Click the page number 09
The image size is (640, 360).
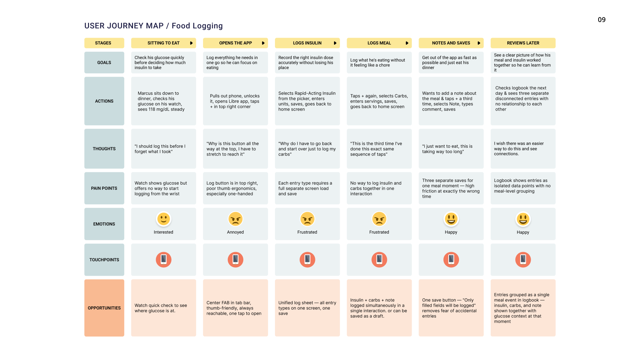[x=602, y=20]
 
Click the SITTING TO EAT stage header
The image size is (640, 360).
[x=163, y=43]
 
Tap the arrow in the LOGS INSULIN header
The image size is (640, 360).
[x=335, y=43]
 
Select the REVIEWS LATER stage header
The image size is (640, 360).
[x=523, y=43]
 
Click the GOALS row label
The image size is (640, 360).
[x=104, y=62]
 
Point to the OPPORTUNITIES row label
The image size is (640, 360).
[x=104, y=308]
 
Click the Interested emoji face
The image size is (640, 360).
[x=163, y=219]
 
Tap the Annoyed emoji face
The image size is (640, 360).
[x=235, y=219]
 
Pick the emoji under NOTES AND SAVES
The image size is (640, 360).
[x=451, y=219]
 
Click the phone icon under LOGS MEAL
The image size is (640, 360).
[x=379, y=259]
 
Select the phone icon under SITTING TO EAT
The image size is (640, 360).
[x=163, y=259]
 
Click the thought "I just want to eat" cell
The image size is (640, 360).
[x=451, y=149]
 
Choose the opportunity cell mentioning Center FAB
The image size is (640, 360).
[x=235, y=308]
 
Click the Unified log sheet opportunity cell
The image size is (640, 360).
[x=307, y=308]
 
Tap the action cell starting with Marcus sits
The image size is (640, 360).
[x=163, y=101]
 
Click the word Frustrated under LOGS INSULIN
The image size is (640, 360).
[x=307, y=232]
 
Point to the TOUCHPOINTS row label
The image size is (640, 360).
[x=104, y=260]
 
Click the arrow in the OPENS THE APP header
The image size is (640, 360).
[x=263, y=43]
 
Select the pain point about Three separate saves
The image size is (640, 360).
[x=451, y=188]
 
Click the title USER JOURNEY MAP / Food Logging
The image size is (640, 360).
[x=153, y=26]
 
